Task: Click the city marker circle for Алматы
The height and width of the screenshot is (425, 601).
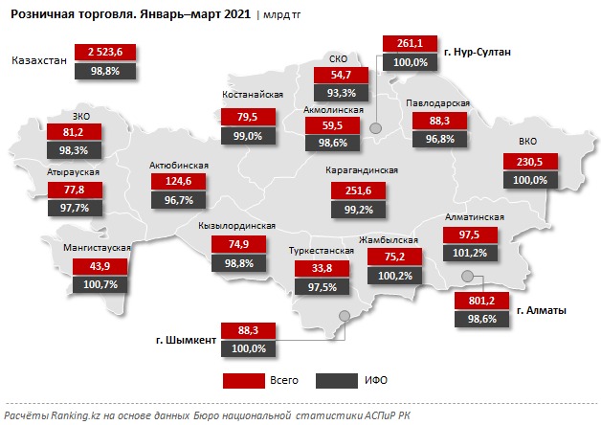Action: point(468,277)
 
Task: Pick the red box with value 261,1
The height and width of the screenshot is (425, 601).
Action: point(409,44)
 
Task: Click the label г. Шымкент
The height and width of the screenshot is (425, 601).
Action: point(185,338)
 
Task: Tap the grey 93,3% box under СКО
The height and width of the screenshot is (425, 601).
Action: point(342,92)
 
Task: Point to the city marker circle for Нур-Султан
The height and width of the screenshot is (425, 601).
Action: point(376,128)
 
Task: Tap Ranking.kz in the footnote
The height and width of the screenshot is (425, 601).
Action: point(68,415)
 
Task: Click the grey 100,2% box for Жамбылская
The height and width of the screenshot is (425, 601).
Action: point(393,275)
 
